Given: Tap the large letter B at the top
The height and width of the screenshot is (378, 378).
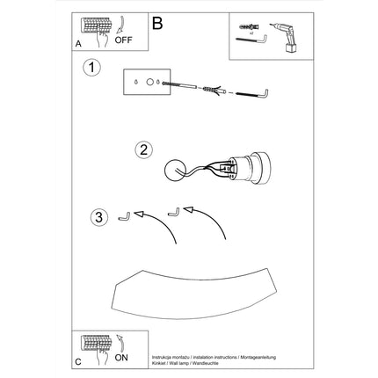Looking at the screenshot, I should click(x=157, y=24).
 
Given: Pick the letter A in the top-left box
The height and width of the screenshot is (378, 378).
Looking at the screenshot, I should click(x=81, y=42).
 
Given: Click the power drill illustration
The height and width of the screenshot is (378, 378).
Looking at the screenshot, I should click(x=285, y=36).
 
